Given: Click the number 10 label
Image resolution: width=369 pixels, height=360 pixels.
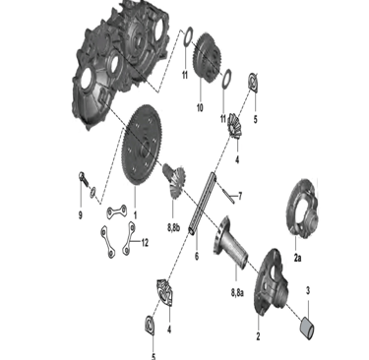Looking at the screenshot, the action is pyautogui.click(x=200, y=107).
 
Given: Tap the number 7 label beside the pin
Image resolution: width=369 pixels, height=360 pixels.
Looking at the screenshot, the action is pyautogui.click(x=240, y=196).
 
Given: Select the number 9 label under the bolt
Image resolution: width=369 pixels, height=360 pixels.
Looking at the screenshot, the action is pyautogui.click(x=81, y=215).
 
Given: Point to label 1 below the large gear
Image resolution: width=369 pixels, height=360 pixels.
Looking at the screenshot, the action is pyautogui.click(x=135, y=215).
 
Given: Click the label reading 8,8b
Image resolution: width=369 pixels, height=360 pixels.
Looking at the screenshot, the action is pyautogui.click(x=173, y=228).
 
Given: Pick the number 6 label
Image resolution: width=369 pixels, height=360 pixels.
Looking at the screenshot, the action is pyautogui.click(x=197, y=256).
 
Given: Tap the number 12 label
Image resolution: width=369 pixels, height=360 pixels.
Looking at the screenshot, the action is pyautogui.click(x=145, y=243).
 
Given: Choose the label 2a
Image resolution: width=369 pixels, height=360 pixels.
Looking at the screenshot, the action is pyautogui.click(x=297, y=258).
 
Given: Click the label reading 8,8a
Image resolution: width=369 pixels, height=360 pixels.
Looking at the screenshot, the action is pyautogui.click(x=237, y=292).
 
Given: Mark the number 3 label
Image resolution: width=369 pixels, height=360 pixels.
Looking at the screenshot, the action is pyautogui.click(x=308, y=290).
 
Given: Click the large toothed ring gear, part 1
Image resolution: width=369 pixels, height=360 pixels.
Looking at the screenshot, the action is pyautogui.click(x=142, y=146).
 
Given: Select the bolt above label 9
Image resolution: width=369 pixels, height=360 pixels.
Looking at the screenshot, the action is pyautogui.click(x=83, y=179).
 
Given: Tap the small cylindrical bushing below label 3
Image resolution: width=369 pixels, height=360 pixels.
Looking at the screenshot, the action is pyautogui.click(x=307, y=327).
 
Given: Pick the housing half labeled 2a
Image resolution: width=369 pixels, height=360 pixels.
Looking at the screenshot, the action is pyautogui.click(x=302, y=208).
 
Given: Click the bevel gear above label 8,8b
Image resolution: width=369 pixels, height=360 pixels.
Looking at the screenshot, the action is pyautogui.click(x=175, y=180).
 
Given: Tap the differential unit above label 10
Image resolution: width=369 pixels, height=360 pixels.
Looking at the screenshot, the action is pyautogui.click(x=208, y=57).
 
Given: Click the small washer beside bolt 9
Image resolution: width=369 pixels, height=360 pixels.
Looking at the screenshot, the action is pyautogui.click(x=93, y=192).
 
